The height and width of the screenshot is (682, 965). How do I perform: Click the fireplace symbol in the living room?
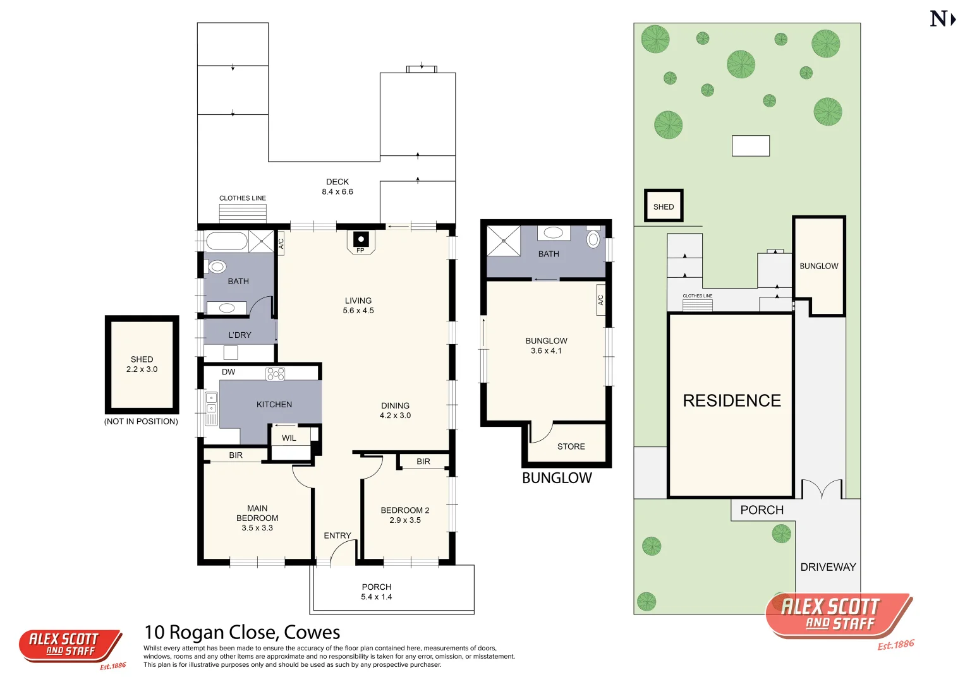361,239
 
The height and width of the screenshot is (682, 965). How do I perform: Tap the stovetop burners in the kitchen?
276,374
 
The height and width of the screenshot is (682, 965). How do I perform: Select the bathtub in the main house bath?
226,241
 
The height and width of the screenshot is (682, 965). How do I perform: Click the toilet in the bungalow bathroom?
593,239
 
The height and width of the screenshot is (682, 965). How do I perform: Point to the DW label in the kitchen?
228,372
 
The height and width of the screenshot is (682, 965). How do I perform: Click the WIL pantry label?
289,438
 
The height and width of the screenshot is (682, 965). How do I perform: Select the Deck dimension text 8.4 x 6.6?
337,191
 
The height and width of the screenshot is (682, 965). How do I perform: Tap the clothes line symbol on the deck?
243,213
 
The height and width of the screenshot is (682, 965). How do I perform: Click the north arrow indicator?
942,19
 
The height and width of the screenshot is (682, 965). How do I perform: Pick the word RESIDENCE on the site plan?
732,400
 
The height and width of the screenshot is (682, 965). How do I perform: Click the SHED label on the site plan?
664,206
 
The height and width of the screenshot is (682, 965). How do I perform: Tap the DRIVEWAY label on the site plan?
828,567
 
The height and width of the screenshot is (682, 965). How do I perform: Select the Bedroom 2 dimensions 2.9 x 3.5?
405,520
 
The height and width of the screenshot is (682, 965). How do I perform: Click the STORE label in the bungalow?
571,446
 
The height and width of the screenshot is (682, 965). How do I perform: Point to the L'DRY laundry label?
240,335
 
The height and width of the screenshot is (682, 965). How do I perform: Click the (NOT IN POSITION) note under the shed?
141,421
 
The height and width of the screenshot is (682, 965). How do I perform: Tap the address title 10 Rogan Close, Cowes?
242,632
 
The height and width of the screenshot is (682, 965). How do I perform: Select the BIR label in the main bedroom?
236,455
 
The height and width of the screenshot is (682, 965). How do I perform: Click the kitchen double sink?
211,403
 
